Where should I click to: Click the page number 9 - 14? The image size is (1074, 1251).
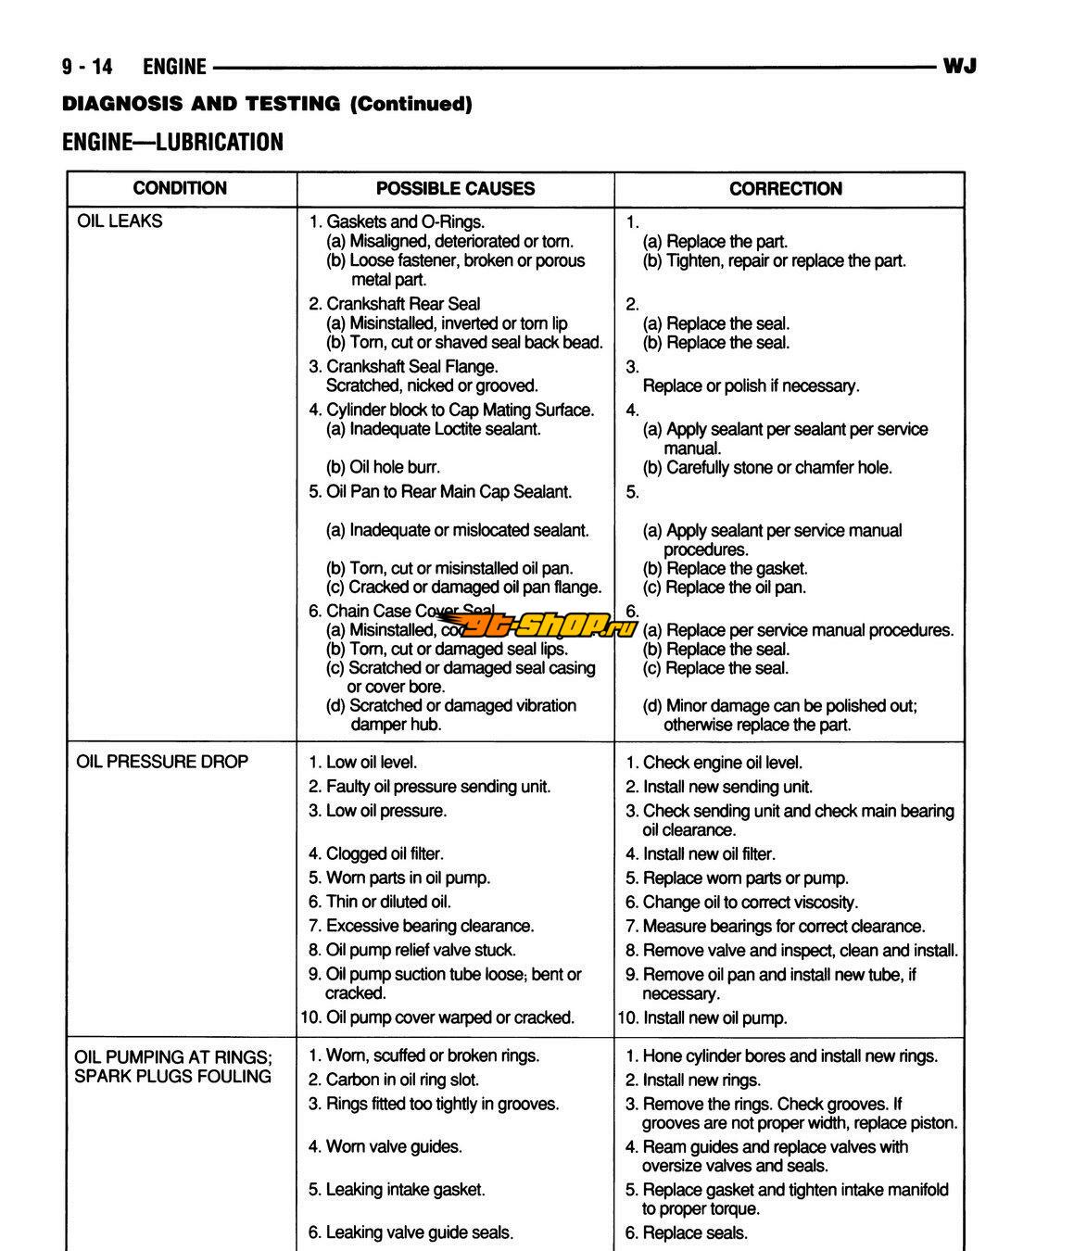pyautogui.click(x=87, y=67)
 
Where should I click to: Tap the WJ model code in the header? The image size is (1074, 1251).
pyautogui.click(x=959, y=66)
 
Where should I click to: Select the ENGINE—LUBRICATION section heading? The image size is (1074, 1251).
pyautogui.click(x=172, y=143)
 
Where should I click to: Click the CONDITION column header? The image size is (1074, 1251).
pyautogui.click(x=180, y=188)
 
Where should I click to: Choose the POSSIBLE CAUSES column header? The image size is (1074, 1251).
pyautogui.click(x=455, y=188)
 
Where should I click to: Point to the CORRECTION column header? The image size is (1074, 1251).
pyautogui.click(x=785, y=188)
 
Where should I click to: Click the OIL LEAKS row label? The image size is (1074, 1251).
pyautogui.click(x=120, y=221)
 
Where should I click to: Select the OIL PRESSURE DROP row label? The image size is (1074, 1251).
pyautogui.click(x=161, y=762)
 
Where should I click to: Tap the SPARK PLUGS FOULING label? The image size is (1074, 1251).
pyautogui.click(x=172, y=1076)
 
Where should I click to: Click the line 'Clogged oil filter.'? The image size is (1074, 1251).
pyautogui.click(x=384, y=853)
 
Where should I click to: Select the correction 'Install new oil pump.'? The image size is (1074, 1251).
pyautogui.click(x=714, y=1017)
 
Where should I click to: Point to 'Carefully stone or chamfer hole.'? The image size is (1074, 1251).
pyautogui.click(x=778, y=467)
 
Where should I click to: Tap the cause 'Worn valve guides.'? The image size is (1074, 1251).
pyautogui.click(x=393, y=1146)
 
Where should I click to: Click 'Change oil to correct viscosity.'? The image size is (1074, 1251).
pyautogui.click(x=750, y=902)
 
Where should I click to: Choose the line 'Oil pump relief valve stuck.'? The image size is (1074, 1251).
pyautogui.click(x=420, y=950)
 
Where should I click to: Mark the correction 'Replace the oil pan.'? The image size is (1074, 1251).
pyautogui.click(x=735, y=588)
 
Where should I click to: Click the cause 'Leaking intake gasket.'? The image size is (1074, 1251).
pyautogui.click(x=405, y=1189)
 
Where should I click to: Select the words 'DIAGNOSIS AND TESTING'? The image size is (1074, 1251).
pyautogui.click(x=201, y=104)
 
